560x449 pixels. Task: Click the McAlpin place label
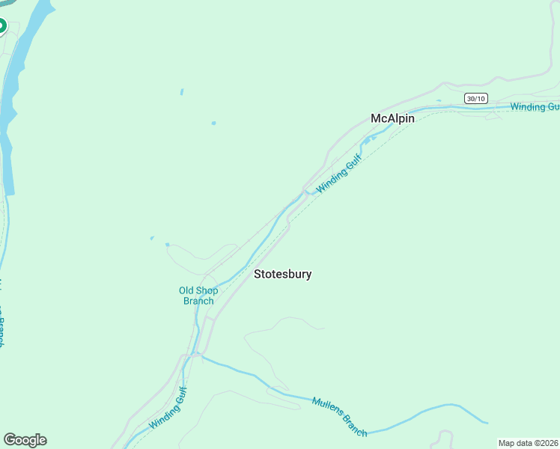(393, 118)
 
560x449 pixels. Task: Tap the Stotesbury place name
(282, 274)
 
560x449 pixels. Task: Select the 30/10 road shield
(475, 98)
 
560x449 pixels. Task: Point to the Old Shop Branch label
(198, 296)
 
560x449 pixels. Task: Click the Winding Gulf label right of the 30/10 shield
(535, 107)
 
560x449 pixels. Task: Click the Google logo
(25, 440)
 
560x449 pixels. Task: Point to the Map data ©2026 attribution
(528, 443)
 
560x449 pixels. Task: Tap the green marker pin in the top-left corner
(1, 26)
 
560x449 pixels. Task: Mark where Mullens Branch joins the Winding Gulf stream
(198, 355)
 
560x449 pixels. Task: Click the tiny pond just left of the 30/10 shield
(439, 100)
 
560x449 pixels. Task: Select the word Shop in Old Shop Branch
(210, 290)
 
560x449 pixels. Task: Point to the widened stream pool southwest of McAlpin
(370, 138)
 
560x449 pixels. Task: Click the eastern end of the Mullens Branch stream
(487, 422)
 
